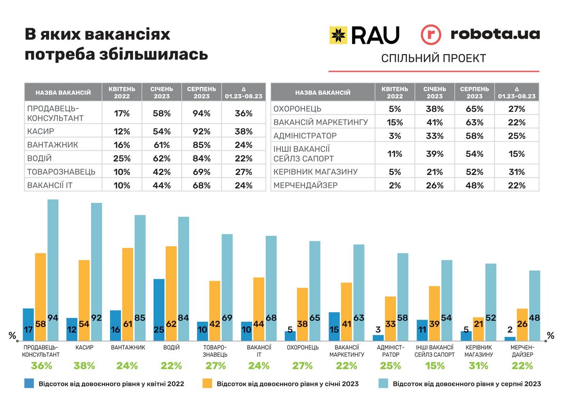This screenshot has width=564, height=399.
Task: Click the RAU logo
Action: (364, 35)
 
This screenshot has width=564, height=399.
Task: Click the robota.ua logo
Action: (480, 34)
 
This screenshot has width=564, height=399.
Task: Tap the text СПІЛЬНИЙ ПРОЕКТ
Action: (433, 58)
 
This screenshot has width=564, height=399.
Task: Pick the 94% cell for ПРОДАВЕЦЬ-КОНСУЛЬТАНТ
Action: (201, 113)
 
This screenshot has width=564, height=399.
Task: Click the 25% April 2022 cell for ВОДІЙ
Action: (122, 158)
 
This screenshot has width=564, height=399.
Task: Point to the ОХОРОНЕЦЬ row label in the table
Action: (298, 109)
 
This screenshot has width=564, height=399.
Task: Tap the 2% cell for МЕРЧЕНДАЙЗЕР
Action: (395, 185)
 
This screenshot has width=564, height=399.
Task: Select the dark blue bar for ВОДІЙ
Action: (159, 308)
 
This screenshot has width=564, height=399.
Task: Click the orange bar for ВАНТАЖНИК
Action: (128, 291)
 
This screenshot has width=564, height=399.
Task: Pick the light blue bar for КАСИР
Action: (96, 270)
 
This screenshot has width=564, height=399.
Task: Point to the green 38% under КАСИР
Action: (85, 366)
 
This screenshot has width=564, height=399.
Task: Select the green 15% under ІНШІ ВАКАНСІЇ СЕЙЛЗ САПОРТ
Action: (435, 366)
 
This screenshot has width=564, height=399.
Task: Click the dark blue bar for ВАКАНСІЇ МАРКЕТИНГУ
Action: (335, 325)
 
